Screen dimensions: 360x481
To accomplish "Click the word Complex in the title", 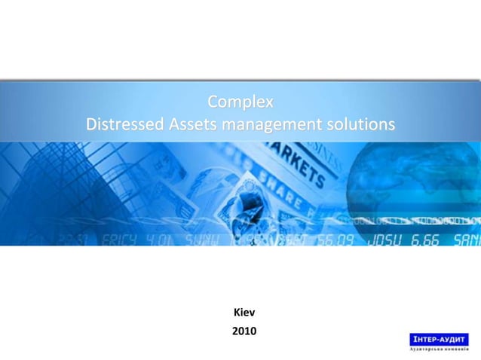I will tap(240, 101).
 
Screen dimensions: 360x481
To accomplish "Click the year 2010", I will tap(244, 330).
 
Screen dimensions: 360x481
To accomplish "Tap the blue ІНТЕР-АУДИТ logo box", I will tap(438, 339).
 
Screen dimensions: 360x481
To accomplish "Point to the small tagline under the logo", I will tap(438, 351).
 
